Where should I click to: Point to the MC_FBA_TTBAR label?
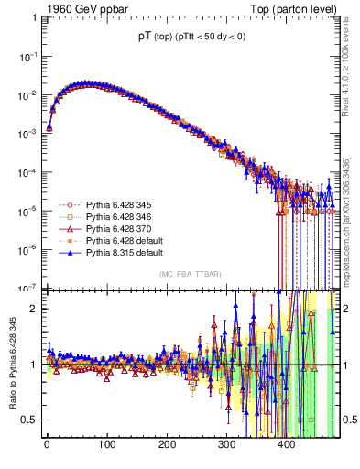point(191,275)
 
